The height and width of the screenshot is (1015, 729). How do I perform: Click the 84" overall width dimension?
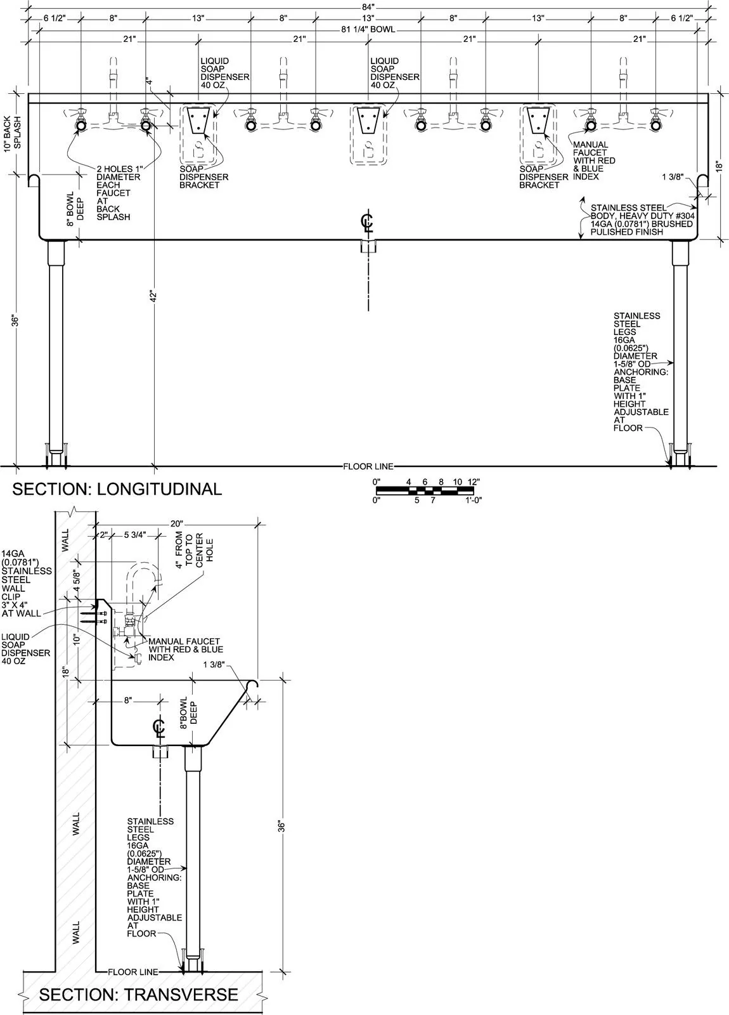tap(368, 6)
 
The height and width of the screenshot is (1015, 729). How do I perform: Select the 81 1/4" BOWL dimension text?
tap(368, 29)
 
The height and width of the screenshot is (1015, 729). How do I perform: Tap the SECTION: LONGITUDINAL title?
tap(117, 489)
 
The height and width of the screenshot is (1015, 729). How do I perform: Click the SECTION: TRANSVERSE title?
tap(139, 995)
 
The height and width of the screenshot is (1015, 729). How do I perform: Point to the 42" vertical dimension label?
tap(153, 296)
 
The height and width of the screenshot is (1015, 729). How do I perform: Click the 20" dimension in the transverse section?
tap(177, 524)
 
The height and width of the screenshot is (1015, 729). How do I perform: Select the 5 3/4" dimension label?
tap(135, 535)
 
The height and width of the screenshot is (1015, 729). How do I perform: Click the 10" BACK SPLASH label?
tap(12, 134)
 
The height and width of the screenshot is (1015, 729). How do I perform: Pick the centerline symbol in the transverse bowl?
tap(159, 726)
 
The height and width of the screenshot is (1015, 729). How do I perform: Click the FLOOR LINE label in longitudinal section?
tap(368, 466)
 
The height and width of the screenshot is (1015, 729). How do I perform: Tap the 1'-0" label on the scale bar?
tap(474, 501)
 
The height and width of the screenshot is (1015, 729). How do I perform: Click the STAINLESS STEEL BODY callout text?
tap(643, 219)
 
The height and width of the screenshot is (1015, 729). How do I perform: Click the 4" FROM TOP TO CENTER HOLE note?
tap(194, 550)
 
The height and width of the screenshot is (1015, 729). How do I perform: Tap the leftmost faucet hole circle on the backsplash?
tap(81, 126)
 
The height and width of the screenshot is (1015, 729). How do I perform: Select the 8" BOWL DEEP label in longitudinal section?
tap(75, 209)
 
